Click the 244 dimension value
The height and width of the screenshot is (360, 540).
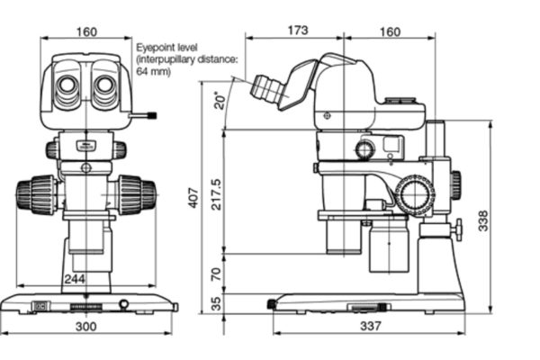75,278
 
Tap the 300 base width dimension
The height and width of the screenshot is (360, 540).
85,326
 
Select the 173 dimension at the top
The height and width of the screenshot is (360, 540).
298,31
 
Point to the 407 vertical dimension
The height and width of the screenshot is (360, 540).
193,198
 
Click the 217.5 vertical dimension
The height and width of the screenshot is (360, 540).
217,193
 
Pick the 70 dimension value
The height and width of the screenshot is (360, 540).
216,274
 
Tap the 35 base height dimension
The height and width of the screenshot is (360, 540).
216,304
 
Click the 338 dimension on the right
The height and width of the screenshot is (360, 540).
483,220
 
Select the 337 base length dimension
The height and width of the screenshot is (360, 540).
371,326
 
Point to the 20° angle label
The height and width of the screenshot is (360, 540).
220,100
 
